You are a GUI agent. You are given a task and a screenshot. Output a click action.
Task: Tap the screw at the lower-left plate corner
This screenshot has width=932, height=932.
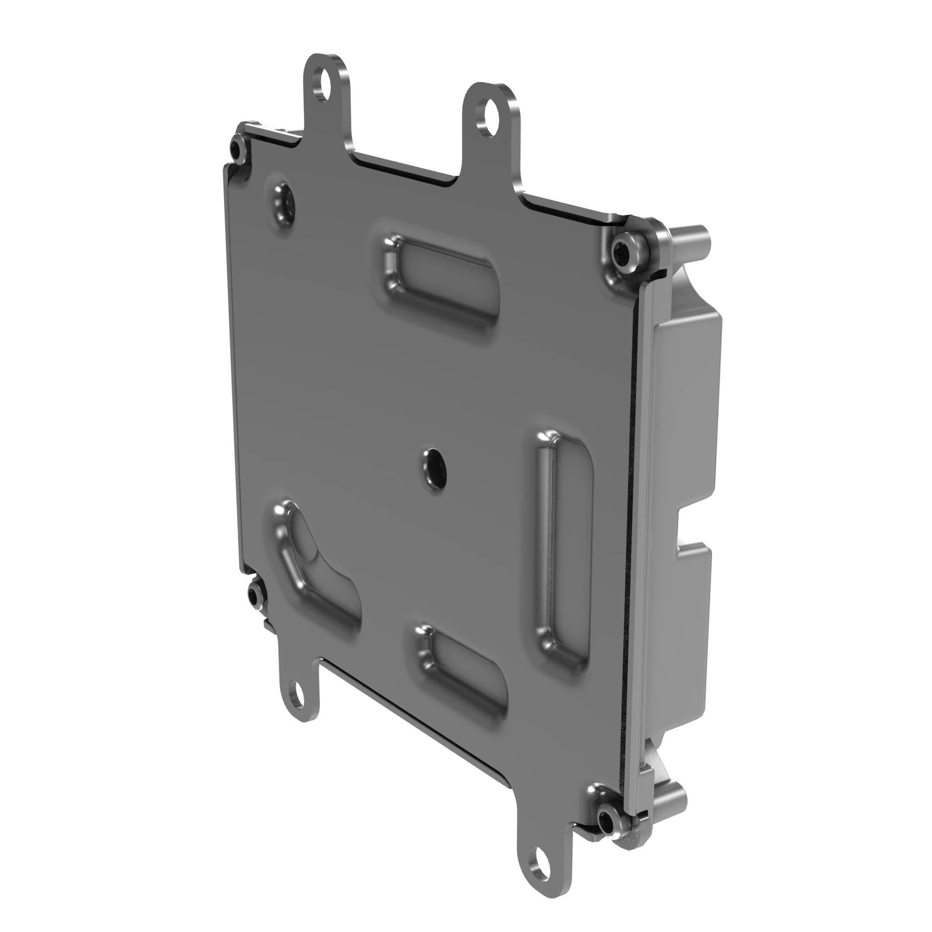(254, 597)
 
